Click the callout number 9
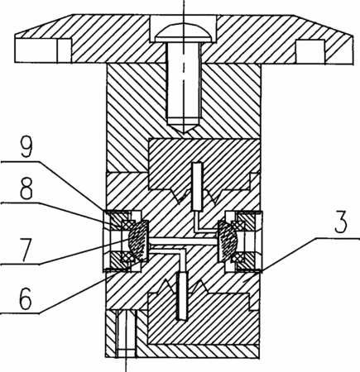(x=26, y=147)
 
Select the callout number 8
(x=26, y=188)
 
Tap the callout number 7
(x=27, y=250)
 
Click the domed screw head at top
(x=184, y=33)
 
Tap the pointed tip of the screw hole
(x=184, y=131)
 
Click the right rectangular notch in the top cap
(x=310, y=50)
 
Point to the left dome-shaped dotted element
(x=139, y=241)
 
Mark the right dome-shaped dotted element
(x=228, y=241)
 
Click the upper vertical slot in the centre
(x=198, y=186)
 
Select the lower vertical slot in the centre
(x=182, y=296)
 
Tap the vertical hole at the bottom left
(x=127, y=333)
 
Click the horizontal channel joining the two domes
(x=183, y=241)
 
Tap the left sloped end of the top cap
(x=44, y=24)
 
